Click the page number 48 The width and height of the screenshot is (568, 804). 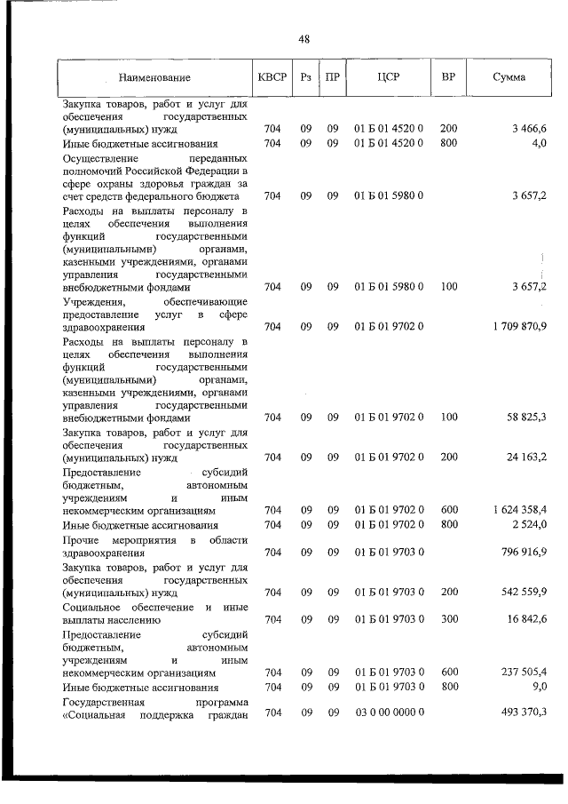304,39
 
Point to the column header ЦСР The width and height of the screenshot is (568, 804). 389,76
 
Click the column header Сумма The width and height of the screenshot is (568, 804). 509,76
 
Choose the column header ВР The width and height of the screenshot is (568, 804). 448,76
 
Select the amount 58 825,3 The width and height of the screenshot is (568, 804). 526,417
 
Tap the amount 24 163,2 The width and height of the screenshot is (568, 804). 526,458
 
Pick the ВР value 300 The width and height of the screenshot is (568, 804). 448,619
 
